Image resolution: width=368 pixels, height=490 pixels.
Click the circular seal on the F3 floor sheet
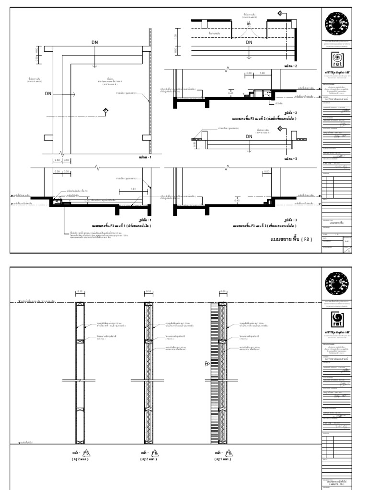pyautogui.click(x=338, y=22)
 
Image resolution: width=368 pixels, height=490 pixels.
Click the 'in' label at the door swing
pyautogui.click(x=249, y=24)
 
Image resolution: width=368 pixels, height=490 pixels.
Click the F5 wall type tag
pyautogui.click(x=79, y=453)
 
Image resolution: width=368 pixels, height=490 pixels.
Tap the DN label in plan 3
pyautogui.click(x=249, y=136)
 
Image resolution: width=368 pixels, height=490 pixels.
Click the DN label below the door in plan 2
pyautogui.click(x=249, y=43)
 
